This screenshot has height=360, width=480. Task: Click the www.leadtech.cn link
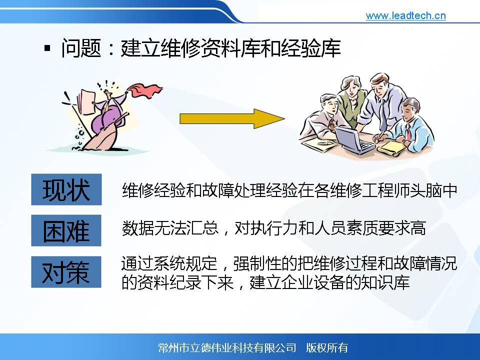tap(405, 15)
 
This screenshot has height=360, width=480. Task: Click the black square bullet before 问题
tap(47, 48)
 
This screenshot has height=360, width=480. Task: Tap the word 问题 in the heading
tap(81, 48)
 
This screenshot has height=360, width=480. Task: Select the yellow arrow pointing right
tap(232, 119)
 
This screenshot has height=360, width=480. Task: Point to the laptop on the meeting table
tap(354, 140)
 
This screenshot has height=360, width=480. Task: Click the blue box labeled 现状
tap(66, 189)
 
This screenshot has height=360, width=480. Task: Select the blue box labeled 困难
tap(66, 230)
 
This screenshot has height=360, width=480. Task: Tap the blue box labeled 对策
tap(66, 272)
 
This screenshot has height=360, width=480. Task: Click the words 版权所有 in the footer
tap(327, 348)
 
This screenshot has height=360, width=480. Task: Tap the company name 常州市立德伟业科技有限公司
tap(227, 348)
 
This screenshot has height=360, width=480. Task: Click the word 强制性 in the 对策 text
tap(257, 263)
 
